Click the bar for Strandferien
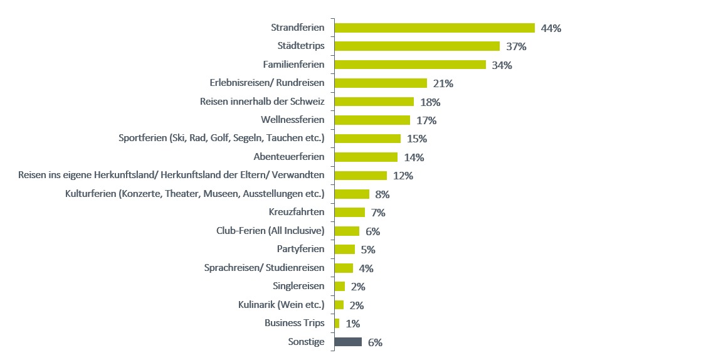click(434, 28)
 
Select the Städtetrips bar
click(417, 46)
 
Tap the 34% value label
click(502, 65)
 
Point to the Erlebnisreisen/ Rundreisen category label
click(266, 83)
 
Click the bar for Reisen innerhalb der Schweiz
click(374, 102)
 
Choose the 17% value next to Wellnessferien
click(426, 120)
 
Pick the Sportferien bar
click(367, 139)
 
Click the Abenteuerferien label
click(288, 157)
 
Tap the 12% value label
click(403, 176)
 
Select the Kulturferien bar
click(352, 194)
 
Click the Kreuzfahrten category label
click(297, 212)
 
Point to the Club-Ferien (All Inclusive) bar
click(347, 231)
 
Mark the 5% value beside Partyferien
click(368, 250)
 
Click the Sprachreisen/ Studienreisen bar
click(344, 268)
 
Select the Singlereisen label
click(298, 286)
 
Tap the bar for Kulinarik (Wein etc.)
click(339, 305)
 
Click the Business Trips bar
click(337, 323)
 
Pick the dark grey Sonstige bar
click(348, 342)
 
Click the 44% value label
click(551, 28)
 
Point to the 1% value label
click(352, 324)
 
